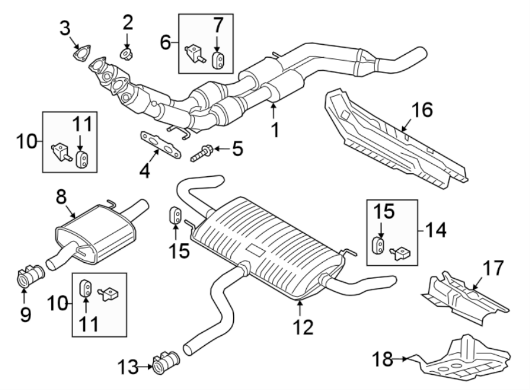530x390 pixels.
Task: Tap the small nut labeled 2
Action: (126, 55)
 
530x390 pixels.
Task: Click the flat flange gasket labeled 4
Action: (160, 144)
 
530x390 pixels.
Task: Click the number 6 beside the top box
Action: (165, 42)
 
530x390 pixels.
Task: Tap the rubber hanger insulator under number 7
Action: (217, 60)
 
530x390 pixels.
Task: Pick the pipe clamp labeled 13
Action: (167, 362)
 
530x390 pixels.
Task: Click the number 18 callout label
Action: (384, 358)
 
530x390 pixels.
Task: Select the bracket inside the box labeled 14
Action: (402, 253)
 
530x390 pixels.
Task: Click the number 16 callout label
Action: (422, 110)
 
